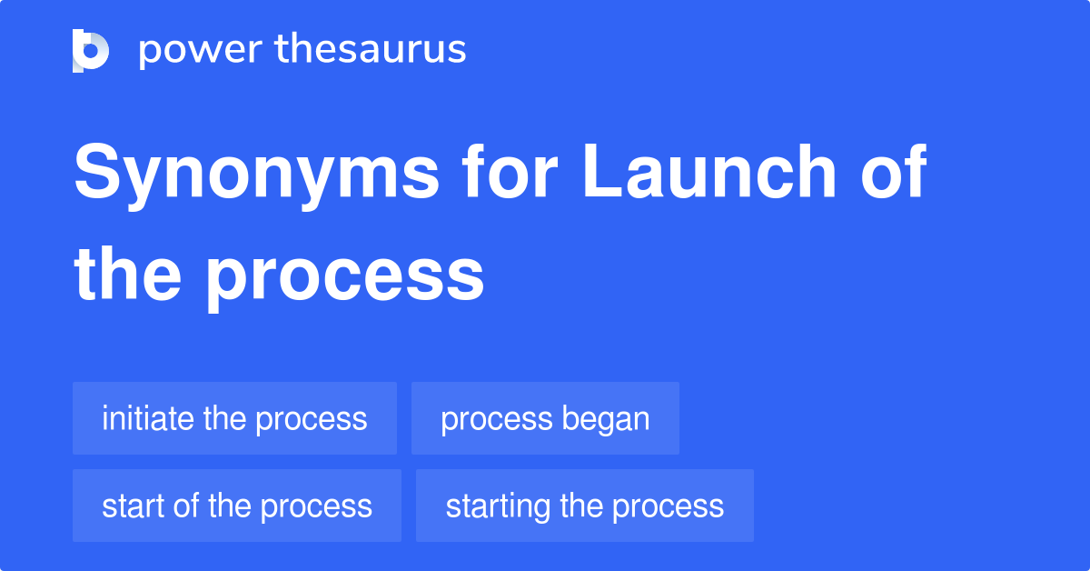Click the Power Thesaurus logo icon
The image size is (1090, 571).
coord(91,50)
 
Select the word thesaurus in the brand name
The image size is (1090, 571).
coord(371,50)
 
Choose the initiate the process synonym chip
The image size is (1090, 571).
coord(234,418)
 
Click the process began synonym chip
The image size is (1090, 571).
coord(545,418)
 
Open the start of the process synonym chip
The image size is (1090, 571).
coord(236,506)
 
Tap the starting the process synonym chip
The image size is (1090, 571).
coord(584,506)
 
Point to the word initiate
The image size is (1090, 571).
coord(147,418)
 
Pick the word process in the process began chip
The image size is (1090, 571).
coord(496,420)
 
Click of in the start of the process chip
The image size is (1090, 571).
coord(186,506)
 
